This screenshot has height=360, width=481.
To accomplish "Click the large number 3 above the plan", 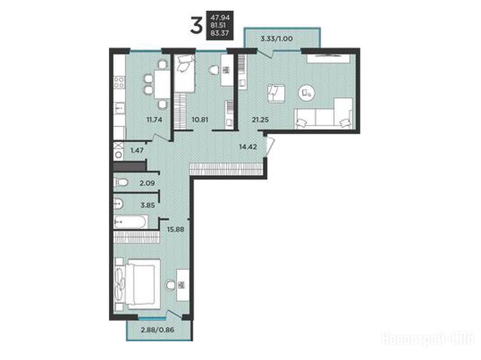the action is (x=196, y=25).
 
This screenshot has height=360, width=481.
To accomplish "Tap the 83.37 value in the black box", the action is (x=220, y=33).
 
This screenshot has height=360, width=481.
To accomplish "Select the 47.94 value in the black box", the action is (x=220, y=18).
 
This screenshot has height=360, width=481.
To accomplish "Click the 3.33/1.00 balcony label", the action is (x=276, y=38).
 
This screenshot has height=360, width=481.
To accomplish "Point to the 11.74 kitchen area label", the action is (x=154, y=120).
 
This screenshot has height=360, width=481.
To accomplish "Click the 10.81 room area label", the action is (x=200, y=120).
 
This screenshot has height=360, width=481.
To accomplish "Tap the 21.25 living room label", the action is (x=260, y=120).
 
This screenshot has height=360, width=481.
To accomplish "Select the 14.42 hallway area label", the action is (x=248, y=146).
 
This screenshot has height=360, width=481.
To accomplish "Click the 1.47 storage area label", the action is (x=137, y=150).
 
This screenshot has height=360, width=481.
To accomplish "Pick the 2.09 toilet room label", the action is (x=147, y=184).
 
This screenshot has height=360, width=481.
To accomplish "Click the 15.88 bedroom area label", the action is (x=176, y=229).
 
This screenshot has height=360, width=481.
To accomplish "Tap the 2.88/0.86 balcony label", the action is (x=157, y=330).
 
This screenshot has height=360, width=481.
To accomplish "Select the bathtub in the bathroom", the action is (x=131, y=222).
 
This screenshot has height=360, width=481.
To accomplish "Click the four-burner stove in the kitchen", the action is (x=119, y=82).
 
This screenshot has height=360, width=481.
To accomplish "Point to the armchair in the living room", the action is (x=276, y=93).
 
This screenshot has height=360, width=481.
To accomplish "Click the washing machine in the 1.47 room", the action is (x=118, y=155).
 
